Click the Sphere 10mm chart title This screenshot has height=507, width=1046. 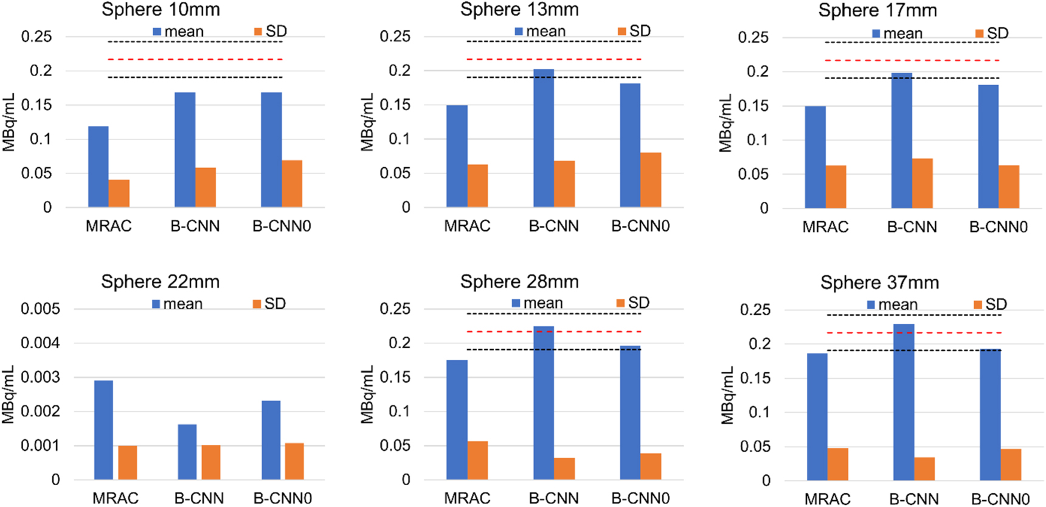coord(161,10)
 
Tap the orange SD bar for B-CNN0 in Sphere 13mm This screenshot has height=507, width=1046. coord(651,180)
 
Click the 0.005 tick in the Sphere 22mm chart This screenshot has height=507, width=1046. coord(40,309)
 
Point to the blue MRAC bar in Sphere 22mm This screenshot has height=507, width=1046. coord(103,430)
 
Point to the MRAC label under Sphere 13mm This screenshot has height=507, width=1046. coord(467,226)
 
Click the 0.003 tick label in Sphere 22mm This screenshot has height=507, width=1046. coord(40,377)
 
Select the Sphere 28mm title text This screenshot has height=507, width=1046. coord(519,282)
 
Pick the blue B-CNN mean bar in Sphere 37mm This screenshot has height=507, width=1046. coord(904,402)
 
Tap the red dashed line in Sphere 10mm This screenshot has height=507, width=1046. coord(195,60)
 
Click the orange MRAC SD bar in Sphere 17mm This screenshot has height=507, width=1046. coord(836,186)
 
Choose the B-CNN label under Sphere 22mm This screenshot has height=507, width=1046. coord(199,498)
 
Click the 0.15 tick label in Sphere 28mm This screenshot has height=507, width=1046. coord(395,377)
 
